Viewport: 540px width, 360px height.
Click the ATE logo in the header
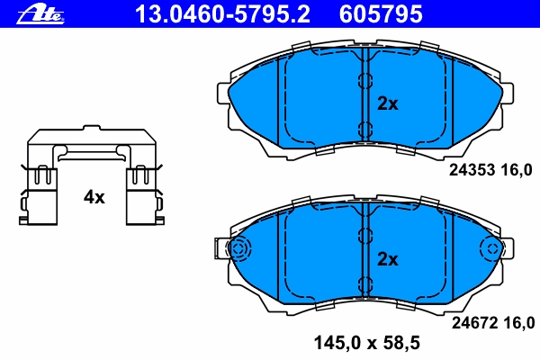click(x=40, y=14)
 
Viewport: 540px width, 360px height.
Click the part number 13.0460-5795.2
click(x=222, y=14)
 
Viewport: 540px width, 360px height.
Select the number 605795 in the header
click(x=381, y=14)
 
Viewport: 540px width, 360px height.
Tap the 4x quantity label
click(x=94, y=197)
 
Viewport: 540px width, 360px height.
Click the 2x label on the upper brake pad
click(x=388, y=103)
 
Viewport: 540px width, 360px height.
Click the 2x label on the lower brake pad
click(x=388, y=259)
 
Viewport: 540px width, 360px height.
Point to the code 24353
click(x=472, y=170)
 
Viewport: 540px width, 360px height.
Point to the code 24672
click(x=475, y=323)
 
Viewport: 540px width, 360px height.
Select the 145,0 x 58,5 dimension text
click(x=367, y=343)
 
